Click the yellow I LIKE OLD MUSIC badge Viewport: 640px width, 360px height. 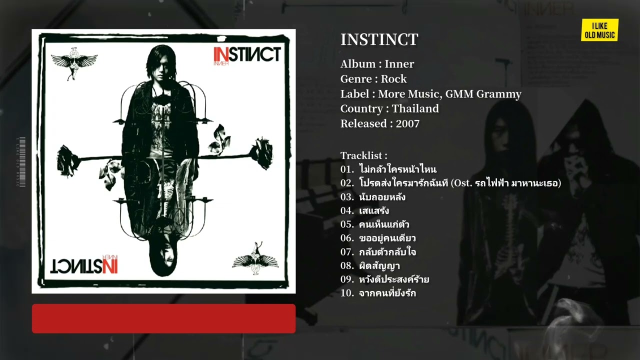[599, 30]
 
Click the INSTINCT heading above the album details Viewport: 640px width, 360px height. [379, 39]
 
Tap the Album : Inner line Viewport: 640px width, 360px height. [377, 64]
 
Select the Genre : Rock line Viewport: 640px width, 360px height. [373, 79]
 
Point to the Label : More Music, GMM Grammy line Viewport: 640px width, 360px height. [430, 94]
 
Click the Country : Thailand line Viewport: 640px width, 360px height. [389, 108]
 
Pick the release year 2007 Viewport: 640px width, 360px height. [407, 123]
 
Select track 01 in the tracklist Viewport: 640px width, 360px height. [388, 169]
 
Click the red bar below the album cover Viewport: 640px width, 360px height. [163, 318]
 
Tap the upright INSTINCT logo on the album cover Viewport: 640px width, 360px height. [246, 54]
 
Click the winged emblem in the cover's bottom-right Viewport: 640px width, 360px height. [256, 258]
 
